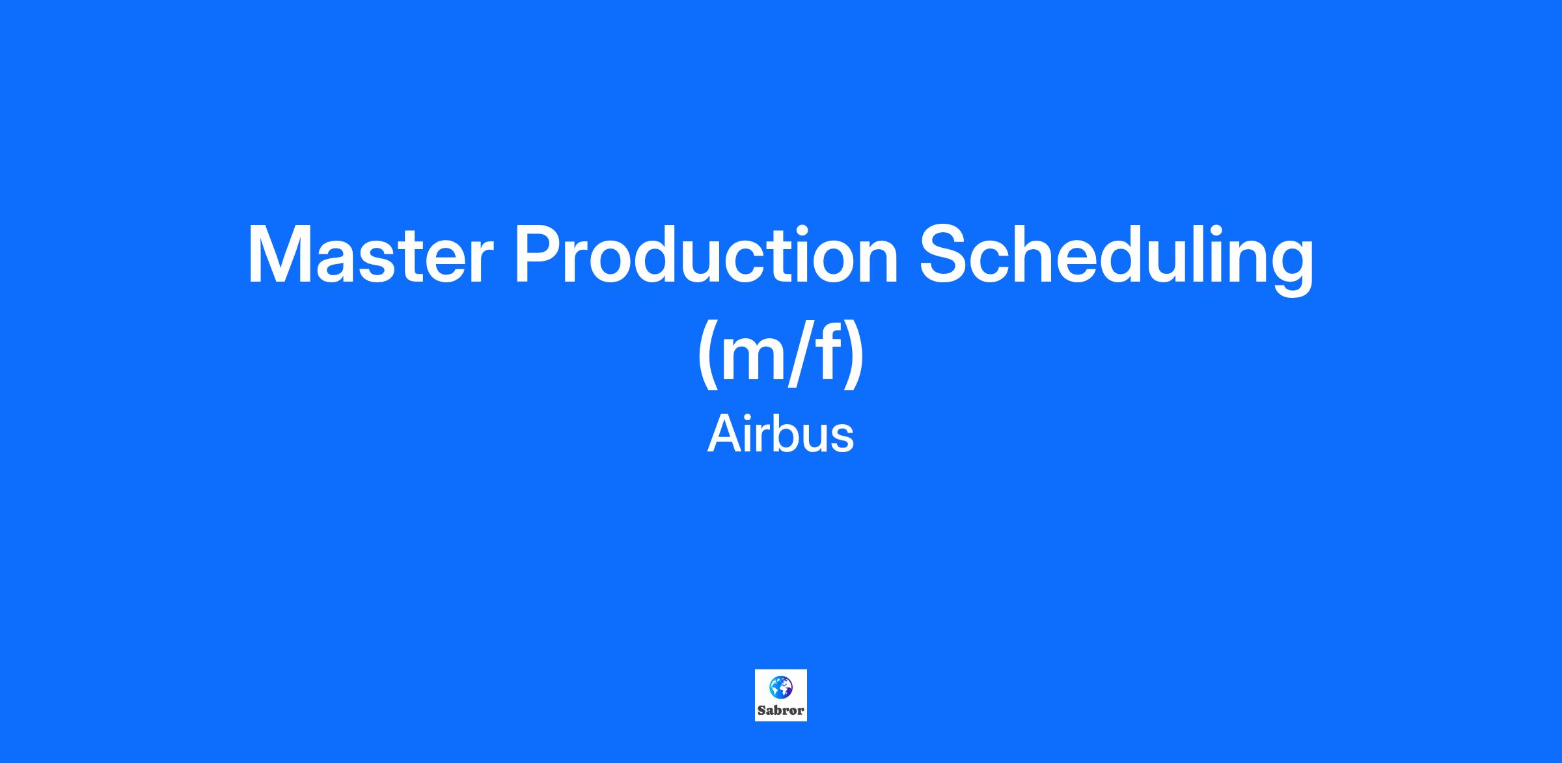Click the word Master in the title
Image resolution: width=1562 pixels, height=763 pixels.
pos(370,255)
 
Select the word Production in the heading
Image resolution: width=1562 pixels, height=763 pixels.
pos(707,255)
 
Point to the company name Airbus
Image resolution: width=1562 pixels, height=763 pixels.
pos(780,435)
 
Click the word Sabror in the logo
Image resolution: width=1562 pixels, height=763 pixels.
pos(781,710)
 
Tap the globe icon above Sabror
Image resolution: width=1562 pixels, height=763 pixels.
pos(781,687)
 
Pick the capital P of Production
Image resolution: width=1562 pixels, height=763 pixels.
pos(540,255)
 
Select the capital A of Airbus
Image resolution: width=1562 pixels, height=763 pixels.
pos(725,435)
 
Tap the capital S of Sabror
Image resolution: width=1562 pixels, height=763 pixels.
pos(761,710)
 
